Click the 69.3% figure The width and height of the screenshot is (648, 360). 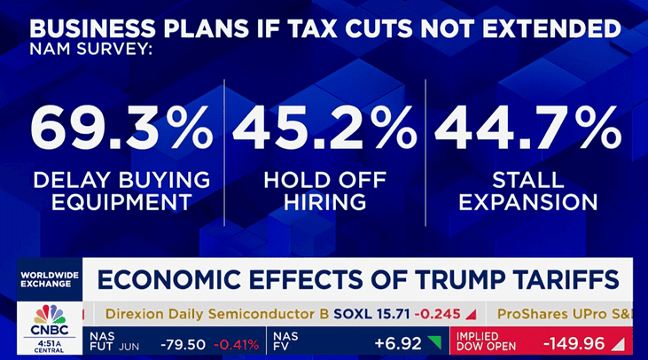[121, 129]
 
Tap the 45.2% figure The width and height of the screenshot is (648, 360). [324, 129]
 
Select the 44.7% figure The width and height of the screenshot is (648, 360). [527, 129]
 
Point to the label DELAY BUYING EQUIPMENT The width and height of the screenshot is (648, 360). [121, 190]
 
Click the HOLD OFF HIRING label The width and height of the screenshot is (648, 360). [324, 190]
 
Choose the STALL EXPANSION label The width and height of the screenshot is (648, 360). [527, 190]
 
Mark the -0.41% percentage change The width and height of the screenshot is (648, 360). [238, 342]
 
